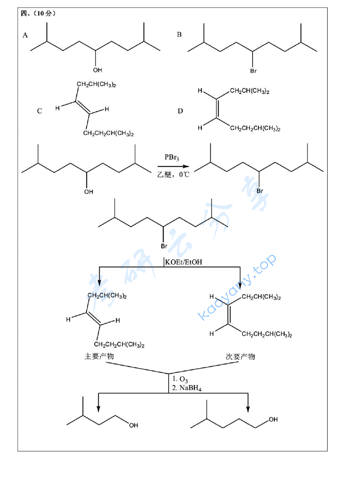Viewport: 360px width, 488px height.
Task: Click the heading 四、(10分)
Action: click(x=38, y=14)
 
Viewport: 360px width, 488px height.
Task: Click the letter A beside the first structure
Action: click(x=25, y=35)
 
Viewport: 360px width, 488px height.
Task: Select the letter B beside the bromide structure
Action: click(x=179, y=34)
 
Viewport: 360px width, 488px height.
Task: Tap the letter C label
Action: click(x=39, y=111)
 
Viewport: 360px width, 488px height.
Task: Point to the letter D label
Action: click(x=180, y=111)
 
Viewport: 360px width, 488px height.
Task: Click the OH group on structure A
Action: click(x=98, y=70)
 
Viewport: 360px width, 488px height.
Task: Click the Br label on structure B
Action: click(x=253, y=71)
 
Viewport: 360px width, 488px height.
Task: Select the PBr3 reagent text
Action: click(x=172, y=158)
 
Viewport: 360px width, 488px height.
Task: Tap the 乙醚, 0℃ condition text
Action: click(x=173, y=174)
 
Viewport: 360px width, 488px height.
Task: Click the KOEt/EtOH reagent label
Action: click(x=183, y=262)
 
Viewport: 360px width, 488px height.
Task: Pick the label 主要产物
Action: click(x=99, y=356)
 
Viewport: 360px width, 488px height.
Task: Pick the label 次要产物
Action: click(x=240, y=356)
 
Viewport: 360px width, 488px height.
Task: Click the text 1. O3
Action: click(x=180, y=379)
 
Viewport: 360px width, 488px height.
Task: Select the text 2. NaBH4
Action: click(x=187, y=388)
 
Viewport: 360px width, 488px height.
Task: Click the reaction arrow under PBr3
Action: click(x=173, y=167)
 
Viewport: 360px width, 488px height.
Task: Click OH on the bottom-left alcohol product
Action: click(x=134, y=426)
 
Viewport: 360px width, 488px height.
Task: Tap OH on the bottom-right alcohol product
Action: click(x=273, y=419)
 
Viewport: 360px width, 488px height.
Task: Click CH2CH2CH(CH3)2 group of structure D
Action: click(x=255, y=128)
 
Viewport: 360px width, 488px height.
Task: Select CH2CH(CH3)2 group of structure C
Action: click(x=96, y=84)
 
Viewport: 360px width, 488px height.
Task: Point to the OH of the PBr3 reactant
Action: click(x=89, y=192)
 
